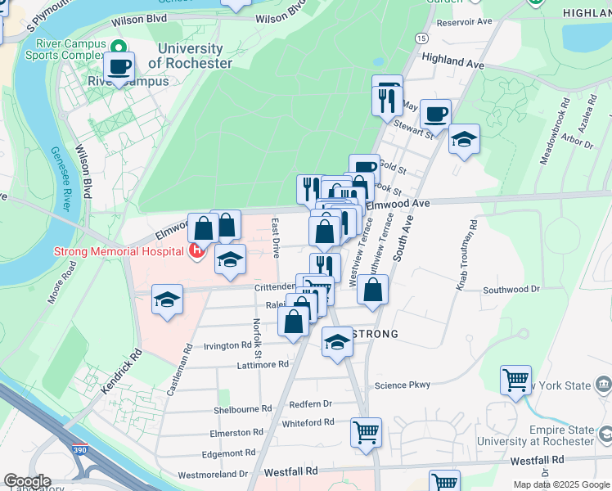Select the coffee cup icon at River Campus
119,67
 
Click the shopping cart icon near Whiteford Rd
366,431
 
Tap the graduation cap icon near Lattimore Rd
336,342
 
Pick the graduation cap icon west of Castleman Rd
168,300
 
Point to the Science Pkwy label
402,385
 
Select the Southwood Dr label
511,289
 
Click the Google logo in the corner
27,481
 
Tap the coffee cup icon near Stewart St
435,113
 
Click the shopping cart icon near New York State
515,380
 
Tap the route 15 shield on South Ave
421,38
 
